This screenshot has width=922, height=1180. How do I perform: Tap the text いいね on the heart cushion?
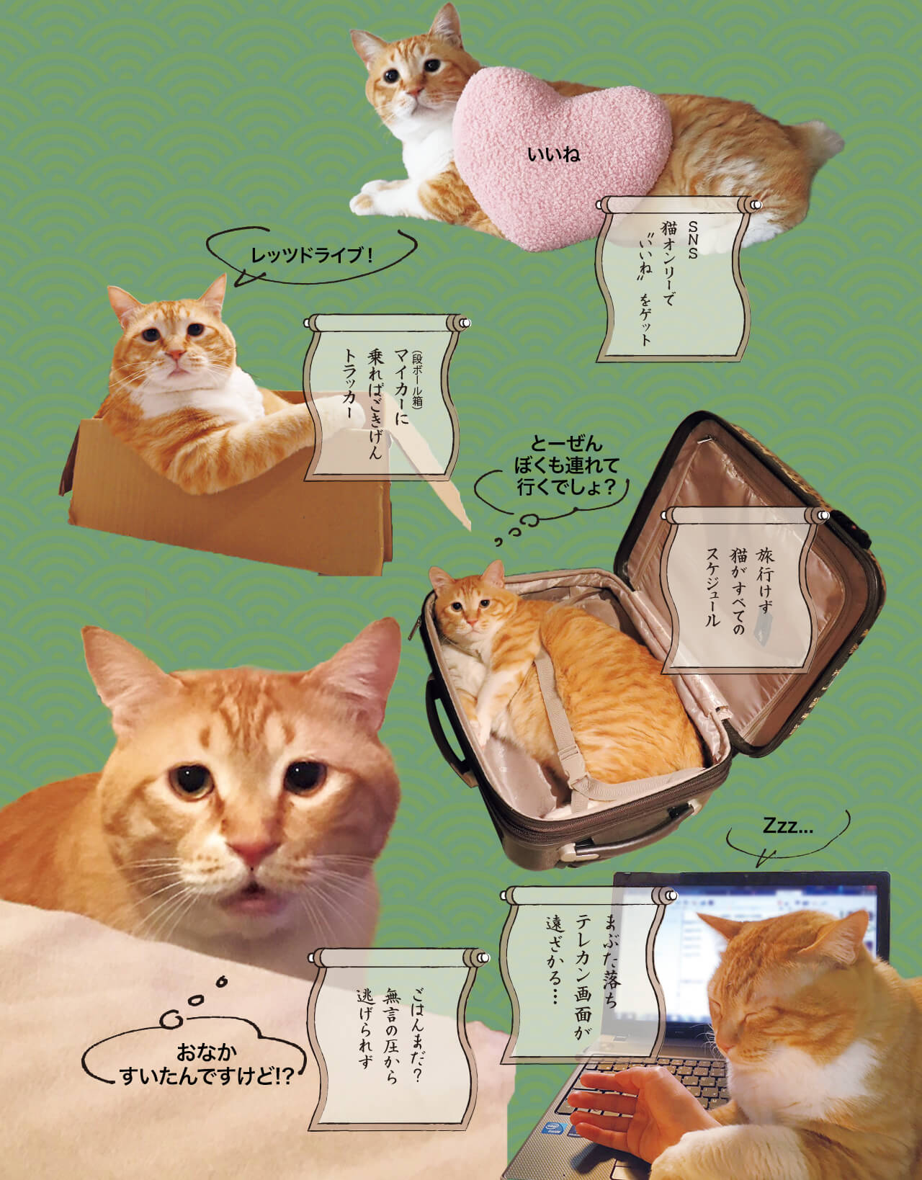tap(553, 154)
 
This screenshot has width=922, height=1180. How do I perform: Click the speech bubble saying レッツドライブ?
tap(311, 254)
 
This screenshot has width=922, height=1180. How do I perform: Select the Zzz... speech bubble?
tap(787, 828)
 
